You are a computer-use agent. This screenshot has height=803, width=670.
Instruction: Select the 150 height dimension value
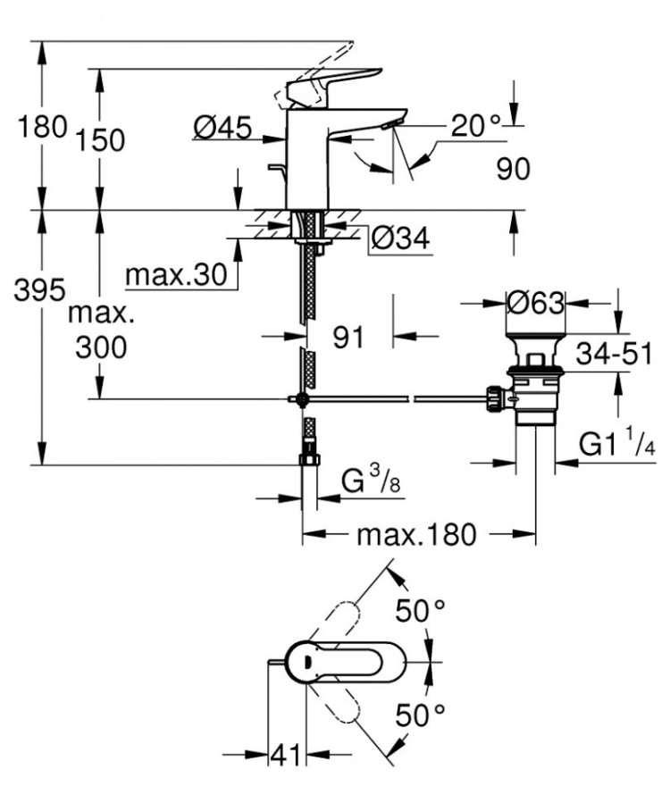click(99, 140)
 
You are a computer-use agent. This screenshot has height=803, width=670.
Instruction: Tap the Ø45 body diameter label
click(221, 130)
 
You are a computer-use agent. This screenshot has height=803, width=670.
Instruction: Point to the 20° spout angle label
click(475, 126)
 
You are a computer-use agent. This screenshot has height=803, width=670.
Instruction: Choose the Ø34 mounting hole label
click(399, 238)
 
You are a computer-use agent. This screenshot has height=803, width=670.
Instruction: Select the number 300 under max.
click(100, 347)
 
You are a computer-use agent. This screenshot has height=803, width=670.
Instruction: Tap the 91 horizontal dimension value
click(348, 337)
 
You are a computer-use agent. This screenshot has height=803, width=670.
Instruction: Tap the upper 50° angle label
click(421, 611)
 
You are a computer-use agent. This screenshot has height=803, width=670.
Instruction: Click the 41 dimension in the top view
click(286, 756)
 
